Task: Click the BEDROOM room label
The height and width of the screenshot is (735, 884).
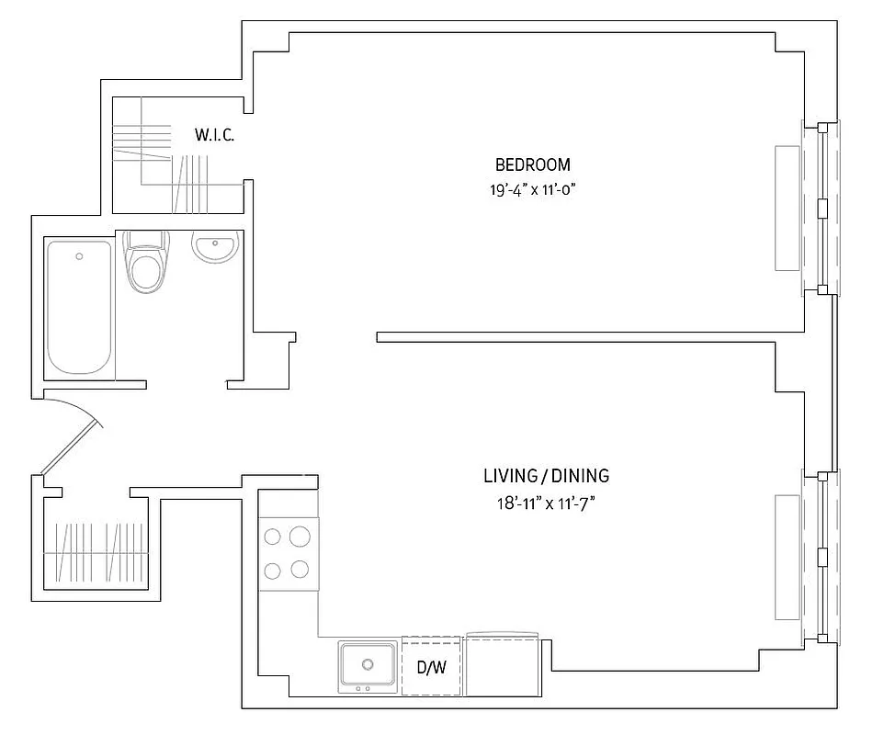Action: coord(532,165)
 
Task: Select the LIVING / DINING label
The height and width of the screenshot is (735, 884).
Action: coord(546,476)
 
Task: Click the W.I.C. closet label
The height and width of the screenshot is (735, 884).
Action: coord(214,135)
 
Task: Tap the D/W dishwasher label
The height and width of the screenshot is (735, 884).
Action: coord(430,668)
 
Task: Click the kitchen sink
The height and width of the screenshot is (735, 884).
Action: coord(368,665)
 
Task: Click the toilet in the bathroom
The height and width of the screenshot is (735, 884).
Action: coord(145,265)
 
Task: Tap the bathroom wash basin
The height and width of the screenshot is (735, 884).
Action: coord(216,247)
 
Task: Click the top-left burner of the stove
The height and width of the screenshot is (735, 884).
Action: coord(272,536)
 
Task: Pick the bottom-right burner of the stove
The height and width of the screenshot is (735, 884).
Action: coord(300,570)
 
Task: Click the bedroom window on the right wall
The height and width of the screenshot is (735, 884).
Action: coord(822,208)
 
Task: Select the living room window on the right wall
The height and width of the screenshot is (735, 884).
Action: coord(822,557)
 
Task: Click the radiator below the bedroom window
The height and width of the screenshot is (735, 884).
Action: coord(788,208)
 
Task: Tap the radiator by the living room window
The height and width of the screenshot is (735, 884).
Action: coord(788,557)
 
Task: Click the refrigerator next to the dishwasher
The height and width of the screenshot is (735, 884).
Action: coord(502,666)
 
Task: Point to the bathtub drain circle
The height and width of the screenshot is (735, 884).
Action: coord(80,256)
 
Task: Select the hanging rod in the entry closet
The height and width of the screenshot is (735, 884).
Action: coord(96,552)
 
